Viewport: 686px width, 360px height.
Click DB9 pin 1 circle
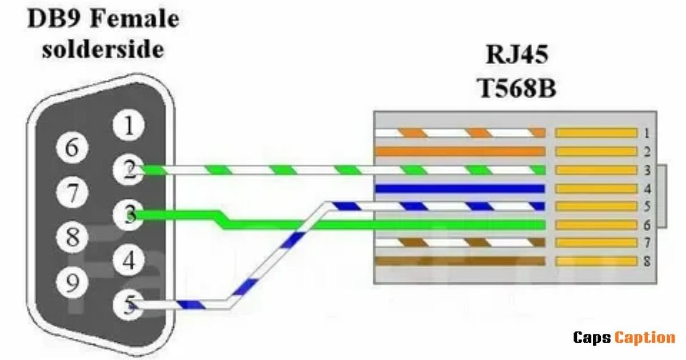click(128, 125)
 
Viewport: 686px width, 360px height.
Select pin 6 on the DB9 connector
click(72, 147)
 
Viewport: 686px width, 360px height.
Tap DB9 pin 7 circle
click(72, 193)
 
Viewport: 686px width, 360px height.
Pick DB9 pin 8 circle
click(72, 237)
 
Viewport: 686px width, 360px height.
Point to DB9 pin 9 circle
click(72, 282)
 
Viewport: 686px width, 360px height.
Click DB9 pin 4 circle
click(128, 260)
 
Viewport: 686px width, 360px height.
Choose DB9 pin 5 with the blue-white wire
click(128, 305)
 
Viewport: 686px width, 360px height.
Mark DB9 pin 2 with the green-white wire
click(128, 170)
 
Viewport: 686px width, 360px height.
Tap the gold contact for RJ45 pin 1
click(596, 133)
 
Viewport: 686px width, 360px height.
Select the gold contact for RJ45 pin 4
click(596, 189)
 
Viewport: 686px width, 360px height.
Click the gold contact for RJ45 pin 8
click(596, 262)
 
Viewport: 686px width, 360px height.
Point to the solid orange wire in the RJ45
click(460, 151)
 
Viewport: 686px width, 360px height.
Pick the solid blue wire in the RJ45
click(460, 189)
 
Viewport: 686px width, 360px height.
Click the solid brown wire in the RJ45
click(460, 261)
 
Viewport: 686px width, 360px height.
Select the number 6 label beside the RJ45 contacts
click(647, 225)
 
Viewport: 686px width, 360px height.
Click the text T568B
click(517, 88)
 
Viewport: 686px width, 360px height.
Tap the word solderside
click(103, 50)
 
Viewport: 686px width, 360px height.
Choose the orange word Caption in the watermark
click(645, 338)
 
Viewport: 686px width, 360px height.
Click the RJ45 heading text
click(517, 54)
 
